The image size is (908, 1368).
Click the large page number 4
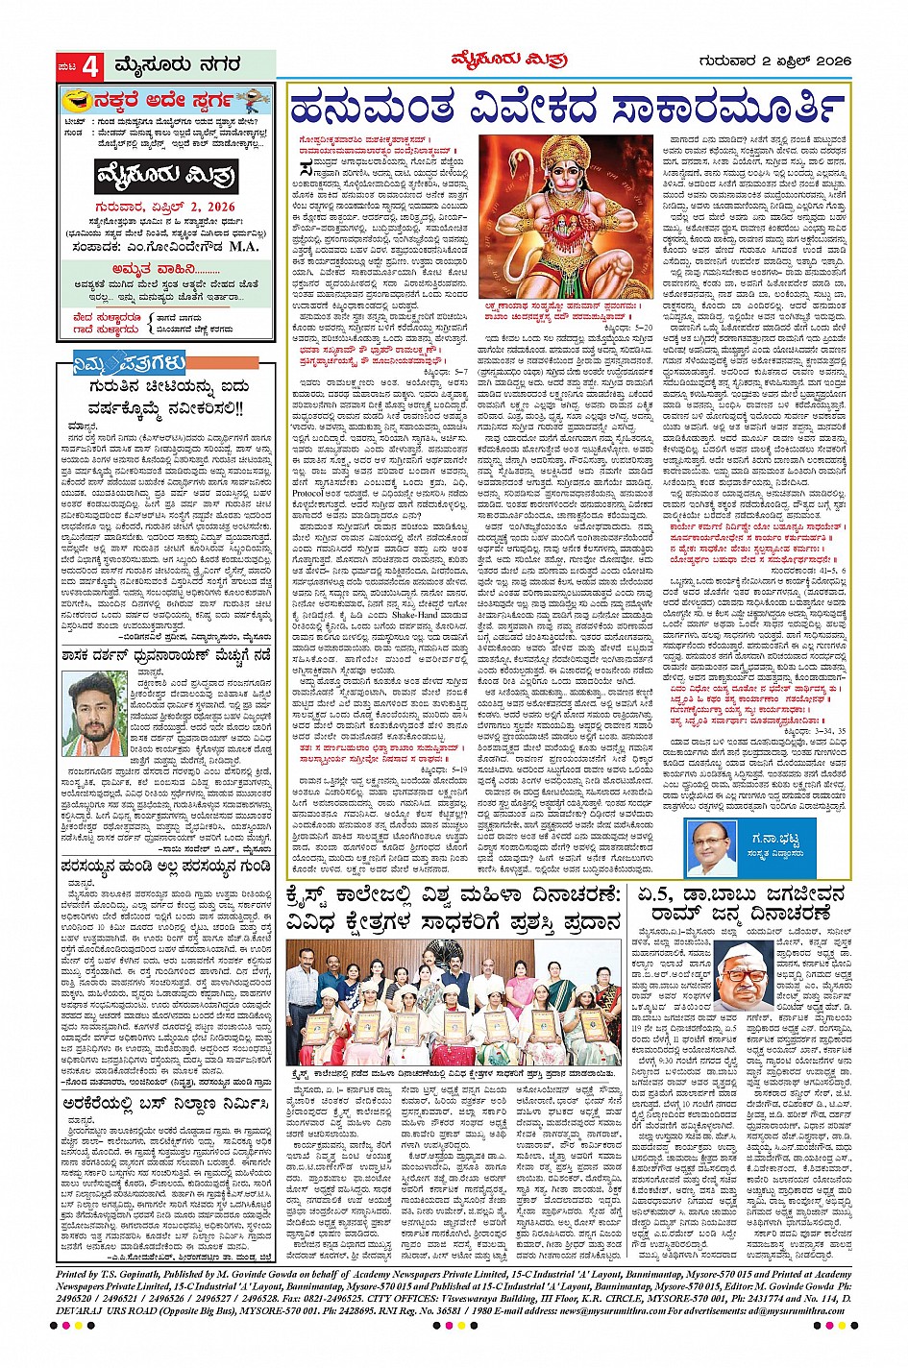pos(91,67)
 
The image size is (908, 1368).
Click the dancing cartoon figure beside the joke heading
pos(252,100)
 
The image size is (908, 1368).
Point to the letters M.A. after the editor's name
pos(244,246)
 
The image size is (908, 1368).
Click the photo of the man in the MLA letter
pos(97,712)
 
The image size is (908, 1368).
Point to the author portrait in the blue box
pos(712,850)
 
